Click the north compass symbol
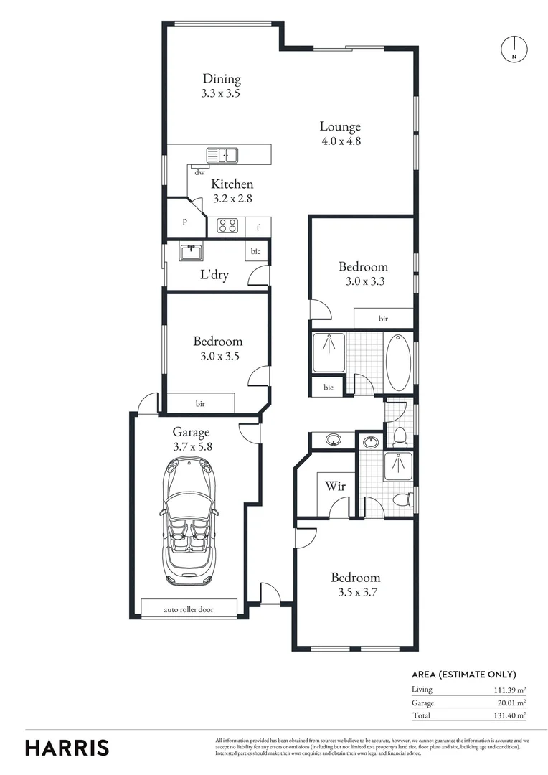point(514,48)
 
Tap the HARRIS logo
point(67,747)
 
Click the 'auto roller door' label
point(189,609)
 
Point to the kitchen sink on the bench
point(222,154)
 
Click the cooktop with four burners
point(227,226)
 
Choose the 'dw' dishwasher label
point(199,172)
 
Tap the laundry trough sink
point(191,253)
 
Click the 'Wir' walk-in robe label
point(336,486)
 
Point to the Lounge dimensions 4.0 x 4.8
point(340,141)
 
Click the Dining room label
point(221,79)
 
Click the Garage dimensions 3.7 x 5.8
point(192,446)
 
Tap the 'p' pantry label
point(184,222)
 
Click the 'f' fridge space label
point(258,227)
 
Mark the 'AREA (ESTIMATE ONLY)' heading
point(463,675)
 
